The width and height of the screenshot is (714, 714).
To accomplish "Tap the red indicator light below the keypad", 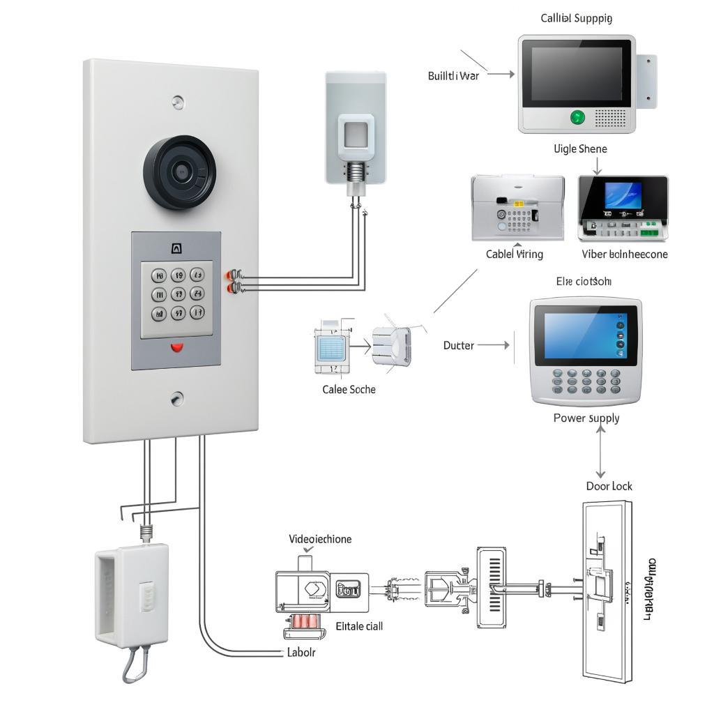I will pyautogui.click(x=177, y=347).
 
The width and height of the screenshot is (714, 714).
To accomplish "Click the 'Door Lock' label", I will pyautogui.click(x=609, y=486).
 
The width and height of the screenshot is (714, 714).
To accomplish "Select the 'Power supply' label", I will pyautogui.click(x=586, y=418).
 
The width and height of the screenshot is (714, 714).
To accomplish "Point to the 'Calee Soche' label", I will pyautogui.click(x=349, y=389).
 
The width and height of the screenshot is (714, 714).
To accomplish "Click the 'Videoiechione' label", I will pyautogui.click(x=320, y=539).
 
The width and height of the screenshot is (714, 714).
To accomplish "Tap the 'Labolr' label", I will pyautogui.click(x=301, y=653).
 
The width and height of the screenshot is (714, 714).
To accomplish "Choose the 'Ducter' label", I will pyautogui.click(x=459, y=345).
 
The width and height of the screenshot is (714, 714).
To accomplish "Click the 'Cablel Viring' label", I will pyautogui.click(x=514, y=255).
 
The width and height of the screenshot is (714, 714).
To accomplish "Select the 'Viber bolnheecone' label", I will pyautogui.click(x=624, y=255).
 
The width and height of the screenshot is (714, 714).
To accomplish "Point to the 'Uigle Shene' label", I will pyautogui.click(x=580, y=149).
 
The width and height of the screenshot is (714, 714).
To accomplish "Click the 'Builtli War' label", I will pyautogui.click(x=453, y=76).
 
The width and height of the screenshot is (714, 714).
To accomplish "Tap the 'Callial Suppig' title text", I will pyautogui.click(x=577, y=18).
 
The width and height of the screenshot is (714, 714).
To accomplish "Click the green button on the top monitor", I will pyautogui.click(x=578, y=117).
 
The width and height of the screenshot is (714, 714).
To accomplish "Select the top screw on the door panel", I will pyautogui.click(x=178, y=102).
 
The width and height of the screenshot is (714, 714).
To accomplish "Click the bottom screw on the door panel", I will pyautogui.click(x=177, y=399).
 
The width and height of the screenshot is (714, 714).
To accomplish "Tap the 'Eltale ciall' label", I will pyautogui.click(x=359, y=626).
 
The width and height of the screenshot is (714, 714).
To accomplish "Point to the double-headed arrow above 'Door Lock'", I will pyautogui.click(x=600, y=451).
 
